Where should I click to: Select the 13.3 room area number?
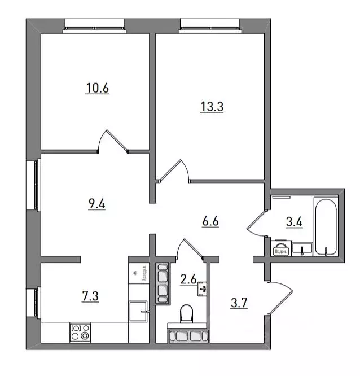tap(212, 106)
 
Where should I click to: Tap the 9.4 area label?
tap(97, 204)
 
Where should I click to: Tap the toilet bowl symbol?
tap(186, 312)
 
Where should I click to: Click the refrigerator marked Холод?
tap(138, 274)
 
